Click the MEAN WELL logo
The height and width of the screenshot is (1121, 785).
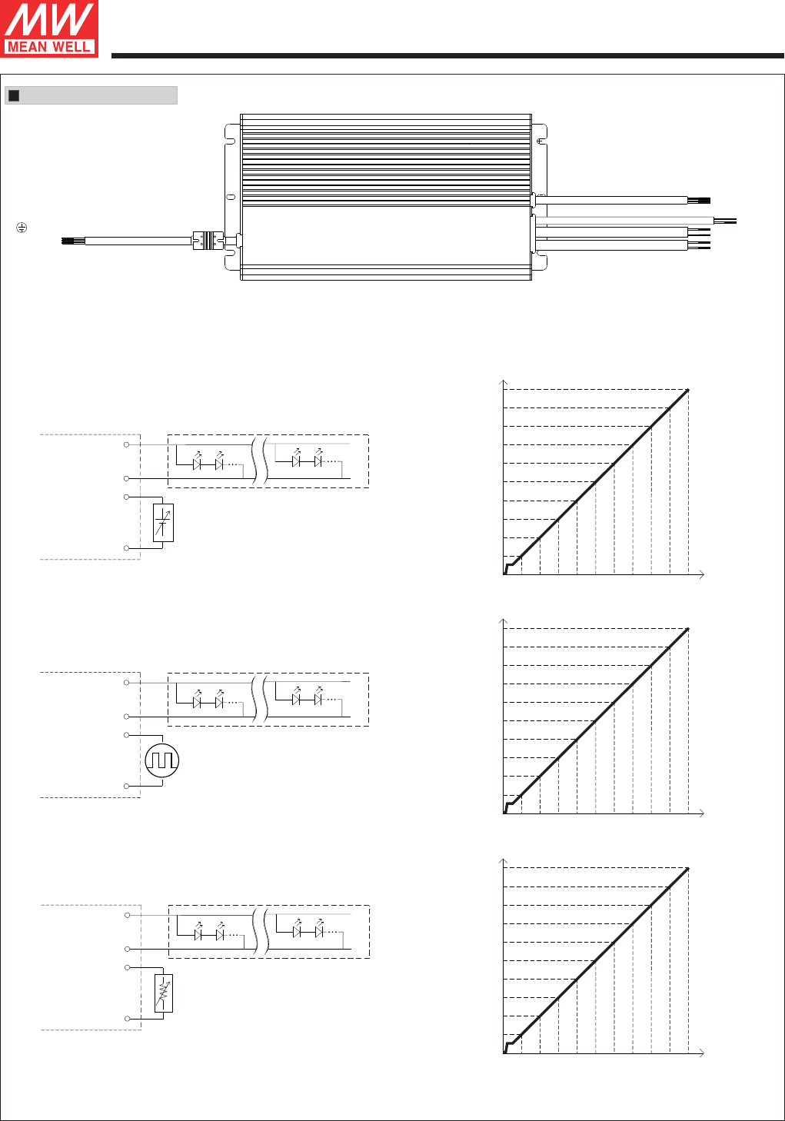click(x=49, y=28)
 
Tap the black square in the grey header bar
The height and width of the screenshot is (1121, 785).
click(x=14, y=95)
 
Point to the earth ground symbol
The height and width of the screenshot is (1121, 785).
click(x=22, y=228)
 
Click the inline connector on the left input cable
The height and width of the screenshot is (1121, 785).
click(x=208, y=240)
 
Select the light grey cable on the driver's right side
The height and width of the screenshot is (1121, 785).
click(x=624, y=220)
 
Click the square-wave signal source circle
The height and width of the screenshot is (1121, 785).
click(x=161, y=760)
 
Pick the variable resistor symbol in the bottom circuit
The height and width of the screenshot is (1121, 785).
click(x=163, y=993)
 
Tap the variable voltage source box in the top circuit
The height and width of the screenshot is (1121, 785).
click(x=163, y=523)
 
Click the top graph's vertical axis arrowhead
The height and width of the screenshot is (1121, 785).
click(x=504, y=382)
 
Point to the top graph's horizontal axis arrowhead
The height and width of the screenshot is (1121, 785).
click(x=702, y=574)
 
